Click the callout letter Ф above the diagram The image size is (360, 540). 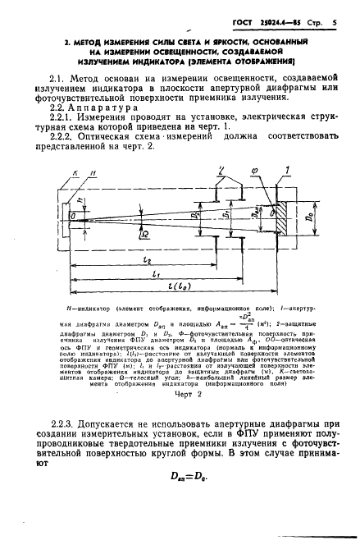(251, 172)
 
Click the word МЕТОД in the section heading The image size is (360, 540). (87, 40)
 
